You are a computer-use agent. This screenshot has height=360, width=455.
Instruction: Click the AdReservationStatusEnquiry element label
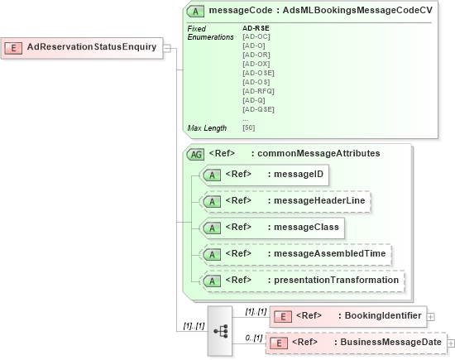91,47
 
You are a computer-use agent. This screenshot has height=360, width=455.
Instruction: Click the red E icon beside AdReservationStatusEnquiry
13,47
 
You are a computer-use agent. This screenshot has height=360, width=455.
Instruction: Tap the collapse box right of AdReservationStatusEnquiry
166,47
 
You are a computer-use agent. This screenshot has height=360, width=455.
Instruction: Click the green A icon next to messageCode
195,11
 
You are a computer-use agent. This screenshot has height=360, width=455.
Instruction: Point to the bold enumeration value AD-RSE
256,28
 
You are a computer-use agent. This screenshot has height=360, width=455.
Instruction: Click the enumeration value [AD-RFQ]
257,91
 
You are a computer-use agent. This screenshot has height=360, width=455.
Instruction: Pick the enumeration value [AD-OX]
255,64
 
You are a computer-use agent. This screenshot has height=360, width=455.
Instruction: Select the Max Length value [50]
248,127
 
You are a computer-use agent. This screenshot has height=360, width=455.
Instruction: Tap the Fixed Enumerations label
210,33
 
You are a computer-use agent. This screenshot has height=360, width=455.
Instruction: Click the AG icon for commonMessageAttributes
196,154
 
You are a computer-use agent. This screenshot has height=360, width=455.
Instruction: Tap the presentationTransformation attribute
303,280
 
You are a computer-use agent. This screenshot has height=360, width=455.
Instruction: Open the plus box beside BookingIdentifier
431,316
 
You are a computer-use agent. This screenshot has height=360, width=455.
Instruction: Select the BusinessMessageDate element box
356,342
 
